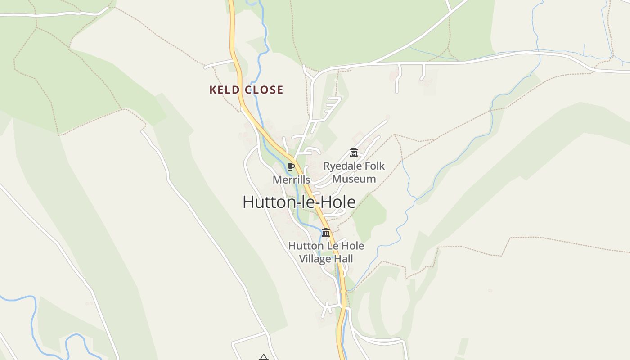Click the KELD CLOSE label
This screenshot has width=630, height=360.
point(246,90)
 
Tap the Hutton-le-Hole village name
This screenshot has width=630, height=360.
point(299,202)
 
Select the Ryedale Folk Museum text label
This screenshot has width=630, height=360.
point(354,172)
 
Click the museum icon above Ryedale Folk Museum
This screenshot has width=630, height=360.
point(354,153)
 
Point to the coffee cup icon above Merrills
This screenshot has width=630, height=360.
point(291,167)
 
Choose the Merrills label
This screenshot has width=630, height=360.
point(291,180)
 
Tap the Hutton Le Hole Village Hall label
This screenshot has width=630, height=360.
point(326,252)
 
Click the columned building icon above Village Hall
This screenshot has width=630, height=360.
point(326,233)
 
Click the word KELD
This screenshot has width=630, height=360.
point(224,90)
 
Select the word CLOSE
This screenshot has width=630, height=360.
point(265,90)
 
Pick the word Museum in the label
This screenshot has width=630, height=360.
point(354,179)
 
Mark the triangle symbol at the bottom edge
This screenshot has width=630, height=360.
point(264,357)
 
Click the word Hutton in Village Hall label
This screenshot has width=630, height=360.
point(304,246)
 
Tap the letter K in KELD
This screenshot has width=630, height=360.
point(213,90)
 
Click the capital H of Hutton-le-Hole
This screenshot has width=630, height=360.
point(249,202)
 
